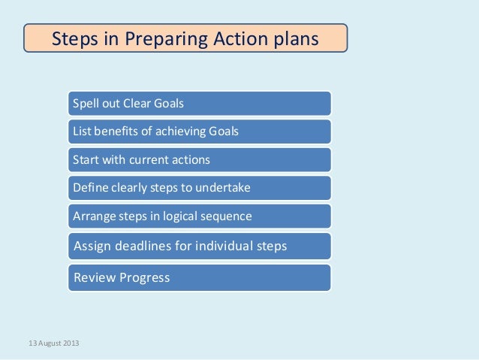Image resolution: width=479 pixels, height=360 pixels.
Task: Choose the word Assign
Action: coord(92,246)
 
